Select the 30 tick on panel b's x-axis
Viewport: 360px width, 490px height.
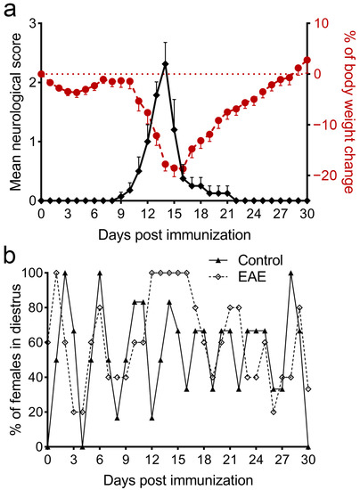(x=308, y=461)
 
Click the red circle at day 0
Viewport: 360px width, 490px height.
(x=41, y=74)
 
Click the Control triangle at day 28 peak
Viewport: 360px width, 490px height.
(x=290, y=273)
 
